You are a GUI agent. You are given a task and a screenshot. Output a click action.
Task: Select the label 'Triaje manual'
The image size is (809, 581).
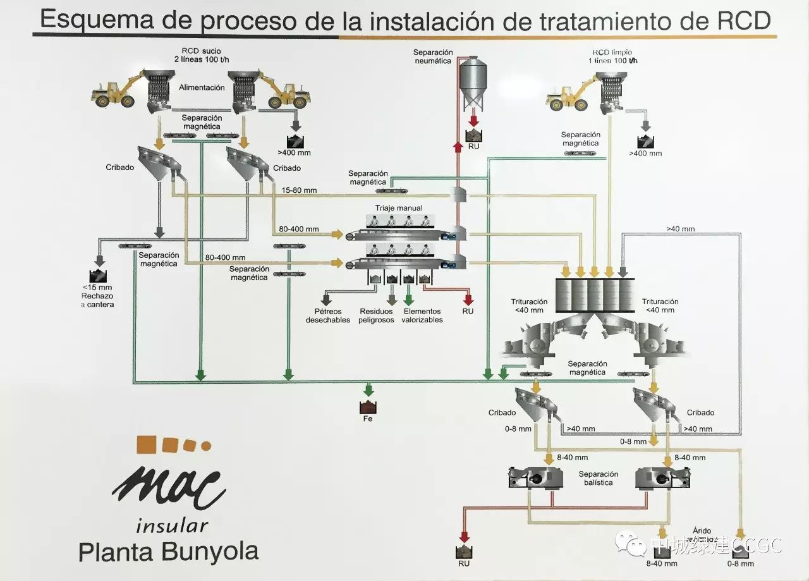(398, 208)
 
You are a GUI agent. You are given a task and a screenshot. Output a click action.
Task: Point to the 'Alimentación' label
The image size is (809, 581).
(202, 88)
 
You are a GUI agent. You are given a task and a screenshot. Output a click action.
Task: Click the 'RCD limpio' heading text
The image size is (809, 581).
(612, 52)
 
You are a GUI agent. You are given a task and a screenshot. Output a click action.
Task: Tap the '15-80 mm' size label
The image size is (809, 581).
(300, 190)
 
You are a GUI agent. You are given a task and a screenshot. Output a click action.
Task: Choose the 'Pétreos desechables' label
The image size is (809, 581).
(327, 315)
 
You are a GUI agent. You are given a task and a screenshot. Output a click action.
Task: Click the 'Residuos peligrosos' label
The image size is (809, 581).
(377, 315)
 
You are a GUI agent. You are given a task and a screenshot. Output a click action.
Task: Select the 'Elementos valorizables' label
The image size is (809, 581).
(422, 315)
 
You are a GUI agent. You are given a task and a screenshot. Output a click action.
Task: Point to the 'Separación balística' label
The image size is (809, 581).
(597, 478)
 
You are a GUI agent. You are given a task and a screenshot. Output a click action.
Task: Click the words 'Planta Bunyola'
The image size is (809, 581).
(168, 551)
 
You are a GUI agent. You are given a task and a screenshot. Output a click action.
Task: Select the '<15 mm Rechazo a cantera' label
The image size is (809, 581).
(97, 296)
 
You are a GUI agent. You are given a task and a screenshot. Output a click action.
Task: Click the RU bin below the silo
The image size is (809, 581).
(473, 135)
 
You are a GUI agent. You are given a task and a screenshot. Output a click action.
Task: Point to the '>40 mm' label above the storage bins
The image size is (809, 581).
(680, 229)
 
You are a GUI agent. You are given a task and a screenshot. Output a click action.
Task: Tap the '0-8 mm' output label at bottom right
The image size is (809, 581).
(740, 563)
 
